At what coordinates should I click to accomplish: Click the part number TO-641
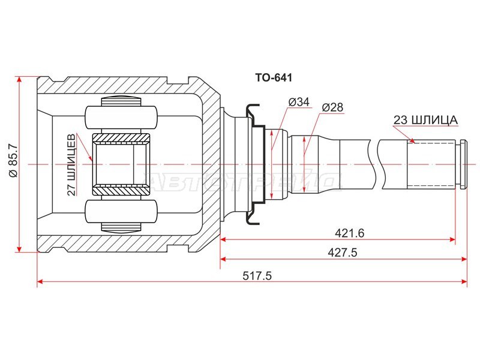pos(274,78)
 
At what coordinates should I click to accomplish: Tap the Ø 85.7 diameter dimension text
pos(14,160)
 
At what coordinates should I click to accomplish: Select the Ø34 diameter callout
pos(299,101)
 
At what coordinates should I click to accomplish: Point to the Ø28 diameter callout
pos(332,107)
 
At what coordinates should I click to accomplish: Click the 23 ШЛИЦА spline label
pos(425,120)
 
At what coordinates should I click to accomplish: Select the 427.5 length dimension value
pos(343,253)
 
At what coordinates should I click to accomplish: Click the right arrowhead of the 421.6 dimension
pos(453,239)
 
